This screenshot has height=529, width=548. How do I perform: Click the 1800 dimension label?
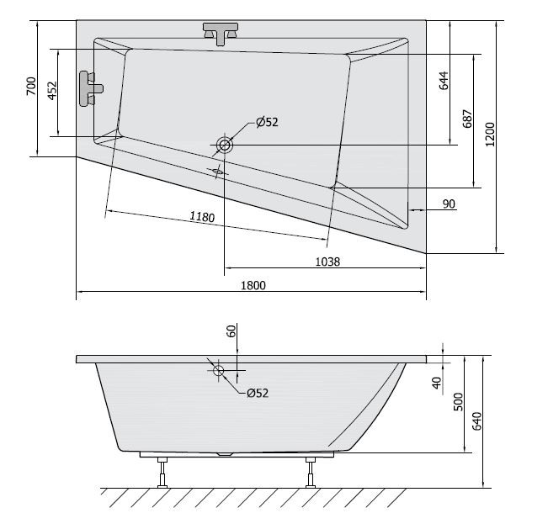(253, 285)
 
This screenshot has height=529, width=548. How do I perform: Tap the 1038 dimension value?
(327, 262)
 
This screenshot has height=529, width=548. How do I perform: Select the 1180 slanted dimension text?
(202, 217)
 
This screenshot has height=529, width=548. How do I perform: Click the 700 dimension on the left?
(31, 87)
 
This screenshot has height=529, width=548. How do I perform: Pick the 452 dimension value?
(51, 92)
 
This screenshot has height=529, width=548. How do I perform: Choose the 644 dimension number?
(444, 81)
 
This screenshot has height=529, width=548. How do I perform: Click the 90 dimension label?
(448, 204)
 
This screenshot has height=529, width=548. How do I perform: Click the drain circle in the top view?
(225, 145)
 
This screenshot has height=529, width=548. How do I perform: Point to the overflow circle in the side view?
(218, 370)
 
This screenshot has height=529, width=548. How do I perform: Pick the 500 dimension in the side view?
(458, 401)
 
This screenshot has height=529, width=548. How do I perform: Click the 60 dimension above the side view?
(231, 331)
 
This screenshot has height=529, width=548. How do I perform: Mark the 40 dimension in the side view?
(436, 382)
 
